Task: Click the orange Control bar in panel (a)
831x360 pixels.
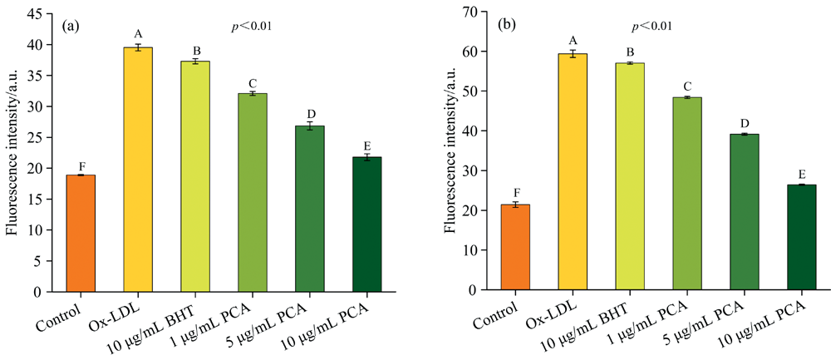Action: [x=81, y=234]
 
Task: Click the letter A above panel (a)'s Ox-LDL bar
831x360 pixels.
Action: [x=138, y=34]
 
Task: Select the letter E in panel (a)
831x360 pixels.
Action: [x=366, y=145]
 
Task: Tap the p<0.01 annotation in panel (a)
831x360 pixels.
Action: [x=252, y=27]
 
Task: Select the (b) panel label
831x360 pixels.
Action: [x=507, y=25]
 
